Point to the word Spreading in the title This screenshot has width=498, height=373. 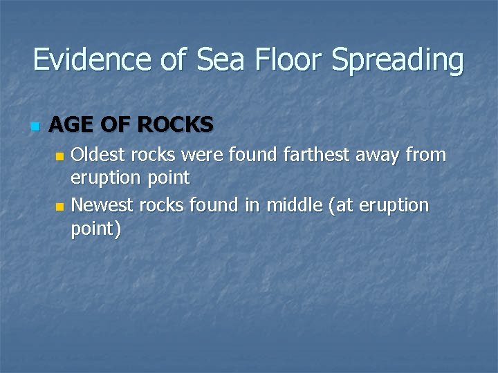[x=398, y=61]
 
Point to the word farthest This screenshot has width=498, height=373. [x=317, y=155]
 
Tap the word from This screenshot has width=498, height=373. [x=425, y=155]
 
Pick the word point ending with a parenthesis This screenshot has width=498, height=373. [x=95, y=229]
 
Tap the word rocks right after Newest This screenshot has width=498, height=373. [x=159, y=205]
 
